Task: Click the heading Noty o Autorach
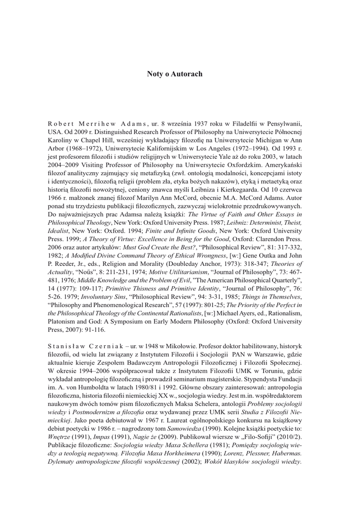click(x=175, y=74)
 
